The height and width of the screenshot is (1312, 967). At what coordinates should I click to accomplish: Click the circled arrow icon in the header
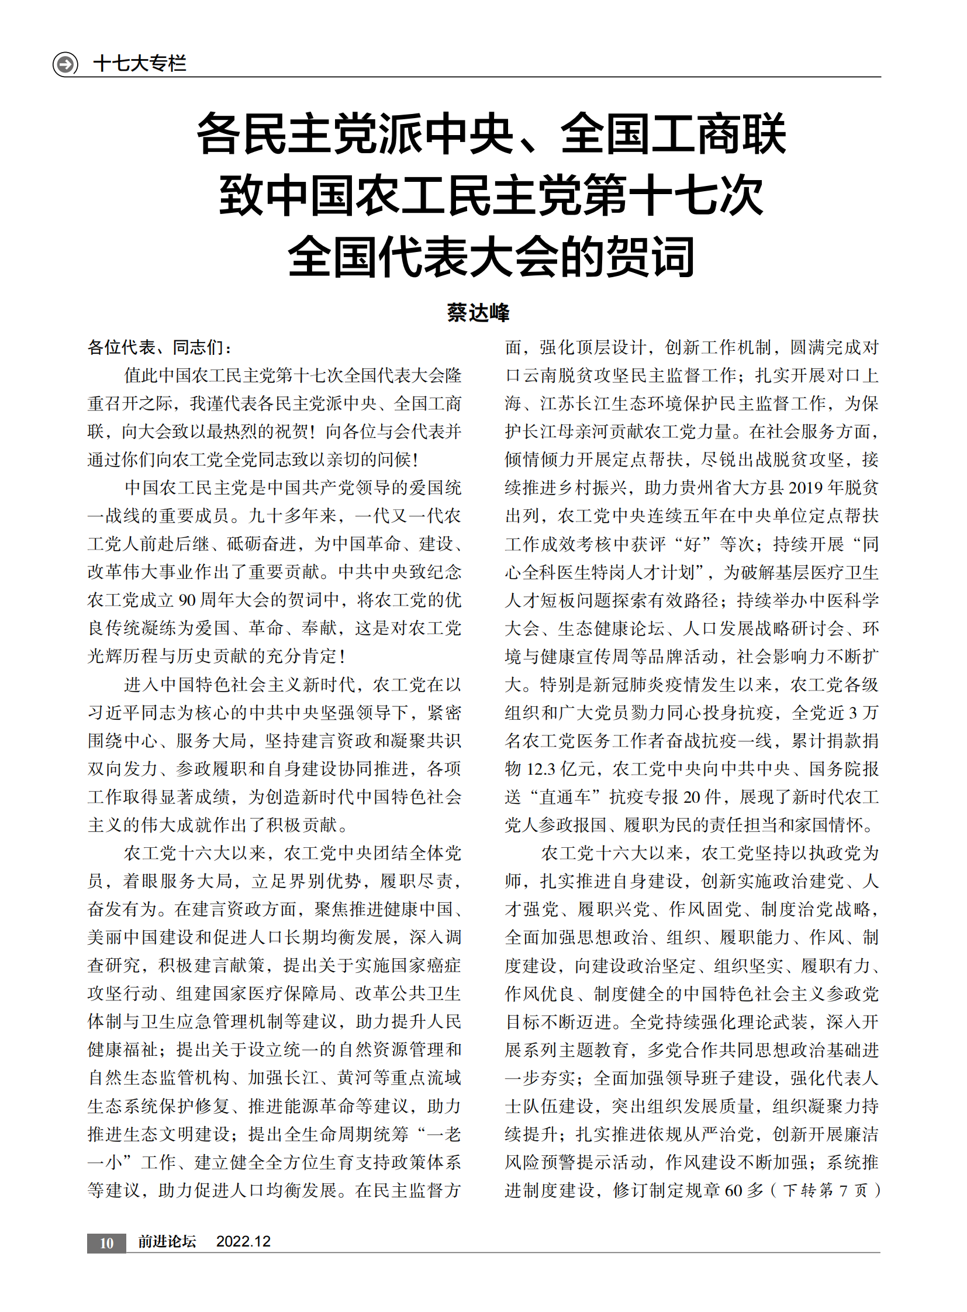pos(65,63)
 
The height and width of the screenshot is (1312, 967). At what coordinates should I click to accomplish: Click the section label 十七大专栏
pos(139,63)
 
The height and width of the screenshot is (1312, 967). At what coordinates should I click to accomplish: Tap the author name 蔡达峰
pos(478,312)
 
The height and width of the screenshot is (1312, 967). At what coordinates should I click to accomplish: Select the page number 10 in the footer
pos(106,1243)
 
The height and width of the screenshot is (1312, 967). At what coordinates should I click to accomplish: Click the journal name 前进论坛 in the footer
pos(167,1242)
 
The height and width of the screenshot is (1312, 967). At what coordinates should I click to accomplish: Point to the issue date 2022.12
pos(243,1242)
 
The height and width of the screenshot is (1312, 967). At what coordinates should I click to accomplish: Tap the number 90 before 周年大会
pos(187,599)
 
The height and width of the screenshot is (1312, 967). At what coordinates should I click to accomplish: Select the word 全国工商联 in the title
pos(673,134)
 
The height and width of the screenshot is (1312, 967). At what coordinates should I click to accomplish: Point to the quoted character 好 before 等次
pos(692,543)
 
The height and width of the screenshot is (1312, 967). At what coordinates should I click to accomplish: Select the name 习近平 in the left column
pos(114,712)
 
